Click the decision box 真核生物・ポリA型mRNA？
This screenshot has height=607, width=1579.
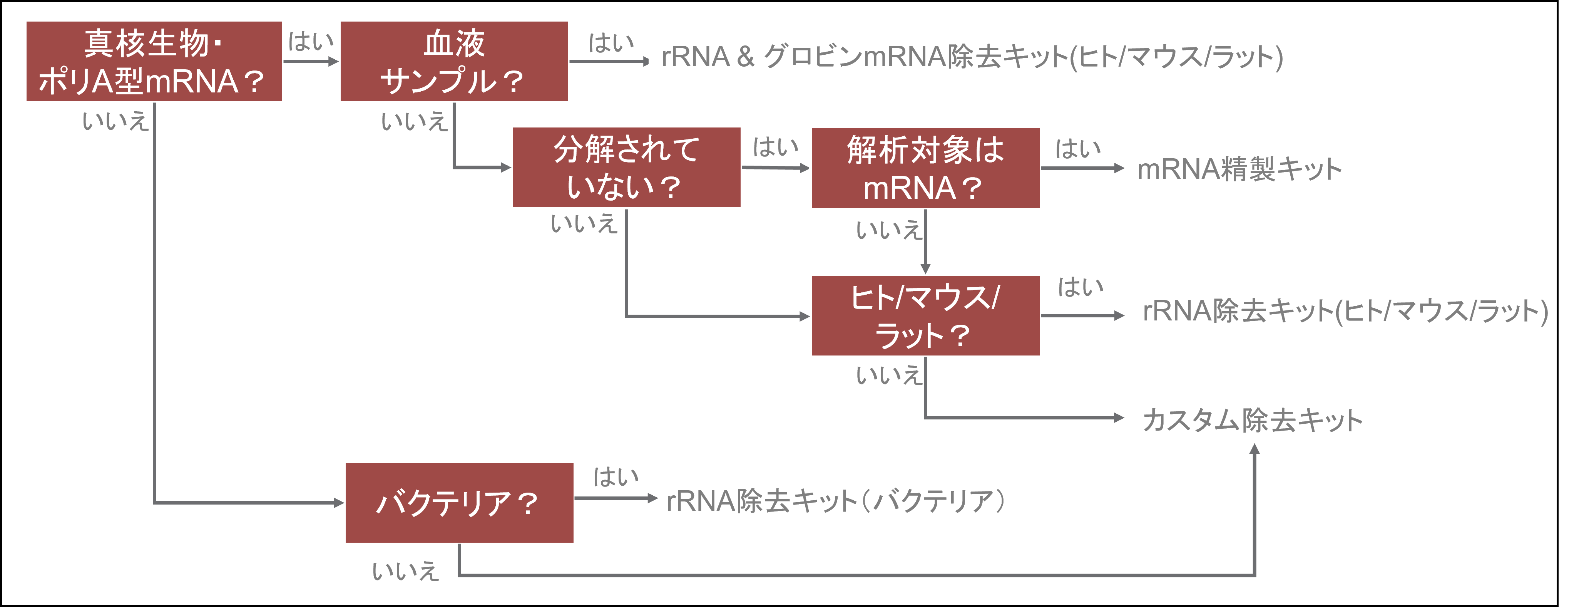point(154,61)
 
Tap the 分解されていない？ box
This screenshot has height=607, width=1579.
point(626,168)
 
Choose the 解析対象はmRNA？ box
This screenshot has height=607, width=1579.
point(925,168)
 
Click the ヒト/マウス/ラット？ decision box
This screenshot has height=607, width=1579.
point(925,315)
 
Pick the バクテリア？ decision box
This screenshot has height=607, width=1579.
point(459,503)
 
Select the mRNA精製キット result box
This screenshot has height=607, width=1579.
point(1244,168)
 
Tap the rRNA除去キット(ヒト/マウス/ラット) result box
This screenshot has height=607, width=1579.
point(1344,310)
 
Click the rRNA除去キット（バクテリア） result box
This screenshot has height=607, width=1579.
point(838,500)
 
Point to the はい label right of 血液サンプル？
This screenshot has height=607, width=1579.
point(611,43)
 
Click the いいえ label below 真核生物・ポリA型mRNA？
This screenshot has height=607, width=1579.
point(115,121)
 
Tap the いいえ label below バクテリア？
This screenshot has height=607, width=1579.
point(405,571)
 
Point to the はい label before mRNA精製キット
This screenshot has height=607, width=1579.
point(1077,148)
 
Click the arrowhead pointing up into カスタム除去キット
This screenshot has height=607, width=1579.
point(1254,449)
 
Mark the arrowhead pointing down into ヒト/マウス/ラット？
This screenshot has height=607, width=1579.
point(925,268)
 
